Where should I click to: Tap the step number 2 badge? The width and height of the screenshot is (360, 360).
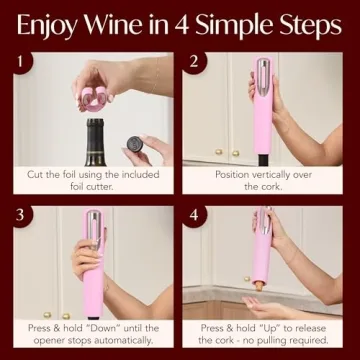click(195, 64)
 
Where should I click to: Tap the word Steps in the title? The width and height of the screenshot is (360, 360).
click(305, 24)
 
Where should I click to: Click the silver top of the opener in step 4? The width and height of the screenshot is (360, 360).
click(262, 222)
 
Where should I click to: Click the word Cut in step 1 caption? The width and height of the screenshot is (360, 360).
click(37, 174)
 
